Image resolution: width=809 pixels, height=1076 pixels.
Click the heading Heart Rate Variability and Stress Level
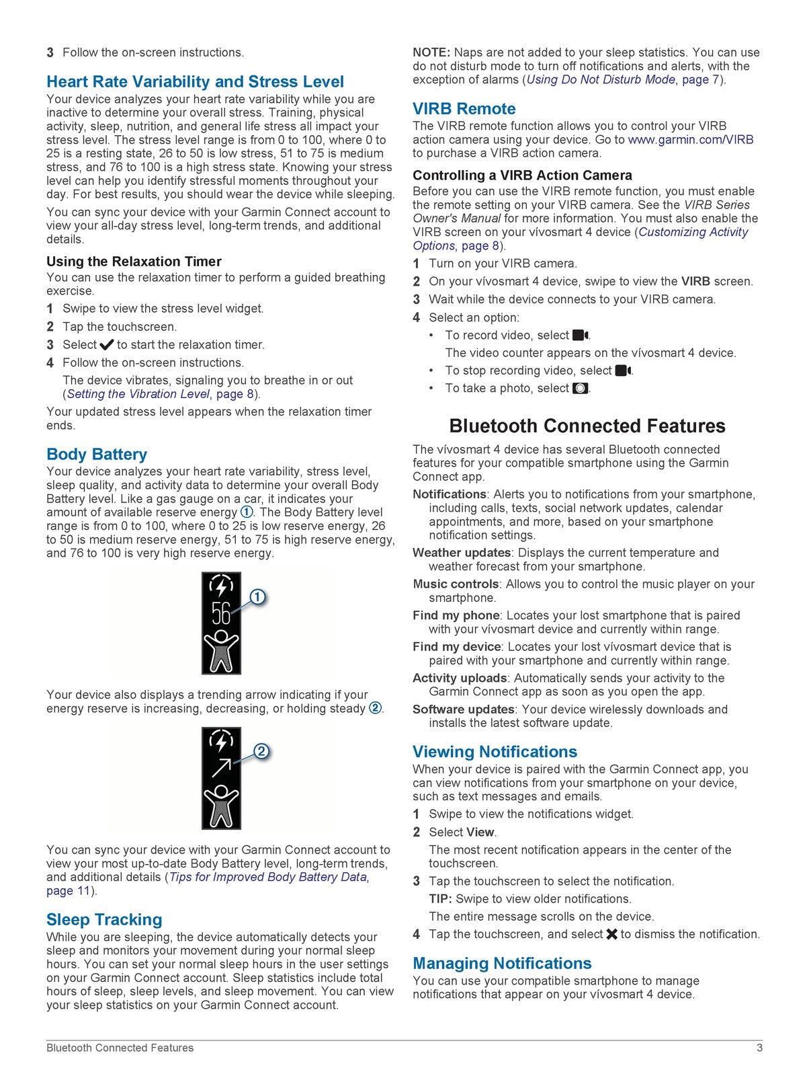click(195, 82)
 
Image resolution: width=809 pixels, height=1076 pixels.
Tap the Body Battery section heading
click(97, 455)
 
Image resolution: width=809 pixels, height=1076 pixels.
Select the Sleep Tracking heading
click(104, 920)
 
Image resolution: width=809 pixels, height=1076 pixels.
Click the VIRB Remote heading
click(464, 109)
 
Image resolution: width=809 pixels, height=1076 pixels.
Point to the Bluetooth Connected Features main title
click(587, 426)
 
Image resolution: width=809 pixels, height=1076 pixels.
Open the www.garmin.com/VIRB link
click(690, 140)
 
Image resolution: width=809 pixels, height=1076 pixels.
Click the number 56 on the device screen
click(221, 614)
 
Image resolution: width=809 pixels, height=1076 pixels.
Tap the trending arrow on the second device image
click(221, 766)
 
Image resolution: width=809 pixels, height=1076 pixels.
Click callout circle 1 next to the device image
click(258, 597)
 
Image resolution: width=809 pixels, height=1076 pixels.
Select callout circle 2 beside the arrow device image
click(261, 752)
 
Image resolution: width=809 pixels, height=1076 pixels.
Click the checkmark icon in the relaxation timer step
click(106, 345)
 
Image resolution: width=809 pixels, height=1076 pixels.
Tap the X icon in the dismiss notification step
click(611, 934)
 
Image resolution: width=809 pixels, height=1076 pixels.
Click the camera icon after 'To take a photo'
click(580, 389)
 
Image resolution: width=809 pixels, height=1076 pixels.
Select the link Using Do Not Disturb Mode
click(601, 80)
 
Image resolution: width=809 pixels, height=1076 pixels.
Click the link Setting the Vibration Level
click(138, 394)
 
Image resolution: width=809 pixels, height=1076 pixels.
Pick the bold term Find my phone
click(456, 615)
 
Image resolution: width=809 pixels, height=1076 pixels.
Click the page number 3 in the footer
click(759, 1048)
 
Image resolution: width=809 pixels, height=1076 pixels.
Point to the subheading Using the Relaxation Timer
click(134, 262)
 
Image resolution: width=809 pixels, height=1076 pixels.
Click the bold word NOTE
click(431, 52)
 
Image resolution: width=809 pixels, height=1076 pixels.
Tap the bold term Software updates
click(463, 709)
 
